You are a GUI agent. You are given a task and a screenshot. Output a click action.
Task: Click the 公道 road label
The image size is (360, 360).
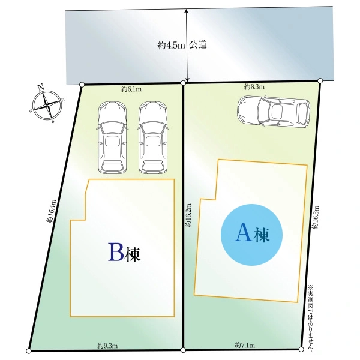199,45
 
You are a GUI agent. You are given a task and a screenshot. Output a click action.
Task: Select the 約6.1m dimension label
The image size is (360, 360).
131,89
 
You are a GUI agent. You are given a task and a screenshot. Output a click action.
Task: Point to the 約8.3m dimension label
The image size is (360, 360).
255,87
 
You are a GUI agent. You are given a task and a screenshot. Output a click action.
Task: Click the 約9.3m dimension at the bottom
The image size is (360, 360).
107,346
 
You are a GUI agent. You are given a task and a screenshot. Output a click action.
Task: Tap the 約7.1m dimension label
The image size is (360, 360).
245,345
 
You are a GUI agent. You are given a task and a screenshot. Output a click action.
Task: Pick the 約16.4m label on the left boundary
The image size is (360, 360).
52,211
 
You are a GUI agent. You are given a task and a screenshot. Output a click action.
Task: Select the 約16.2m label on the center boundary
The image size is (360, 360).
189,214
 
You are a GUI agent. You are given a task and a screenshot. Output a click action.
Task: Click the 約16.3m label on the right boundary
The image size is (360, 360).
316,217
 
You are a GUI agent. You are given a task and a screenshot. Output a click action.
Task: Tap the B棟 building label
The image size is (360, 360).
124,253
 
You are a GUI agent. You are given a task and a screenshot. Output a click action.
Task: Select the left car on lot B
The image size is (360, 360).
112,136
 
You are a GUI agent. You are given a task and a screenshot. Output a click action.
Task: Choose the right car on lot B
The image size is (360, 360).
153,136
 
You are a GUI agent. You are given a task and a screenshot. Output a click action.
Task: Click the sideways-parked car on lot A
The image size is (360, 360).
272,111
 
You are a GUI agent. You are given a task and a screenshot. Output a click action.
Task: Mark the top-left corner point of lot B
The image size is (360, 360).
82,85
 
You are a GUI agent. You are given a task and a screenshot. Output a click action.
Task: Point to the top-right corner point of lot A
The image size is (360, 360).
320,80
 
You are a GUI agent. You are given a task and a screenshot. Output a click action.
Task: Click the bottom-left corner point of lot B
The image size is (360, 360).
28,351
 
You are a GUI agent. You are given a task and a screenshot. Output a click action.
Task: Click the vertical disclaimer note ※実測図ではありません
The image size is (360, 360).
310,318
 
